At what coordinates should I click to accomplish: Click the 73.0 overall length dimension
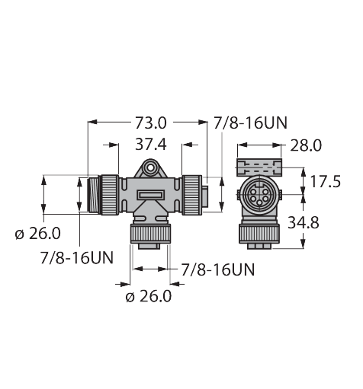click(x=149, y=121)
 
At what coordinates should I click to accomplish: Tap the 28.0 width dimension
click(x=301, y=144)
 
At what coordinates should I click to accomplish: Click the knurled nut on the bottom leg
click(x=150, y=232)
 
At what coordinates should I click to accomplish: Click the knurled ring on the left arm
click(x=111, y=193)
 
